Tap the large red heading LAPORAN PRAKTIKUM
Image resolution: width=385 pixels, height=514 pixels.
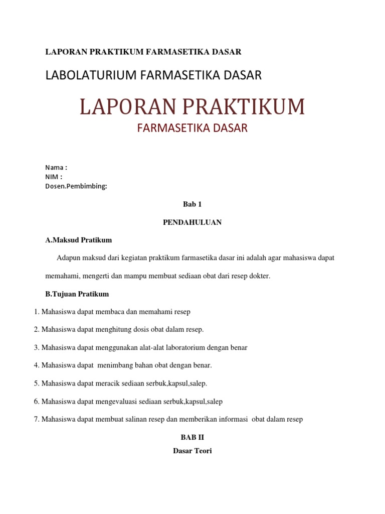pos(192,107)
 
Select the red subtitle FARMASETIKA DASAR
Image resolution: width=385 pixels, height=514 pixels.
pos(192,128)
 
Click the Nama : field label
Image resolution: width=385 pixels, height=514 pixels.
pos(56,167)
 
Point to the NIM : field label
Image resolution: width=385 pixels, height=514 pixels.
pos(54,177)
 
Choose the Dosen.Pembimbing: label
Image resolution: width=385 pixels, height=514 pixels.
pos(76,186)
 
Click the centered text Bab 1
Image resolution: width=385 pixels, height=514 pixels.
pos(192,204)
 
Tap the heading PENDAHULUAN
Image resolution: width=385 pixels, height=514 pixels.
pos(192,222)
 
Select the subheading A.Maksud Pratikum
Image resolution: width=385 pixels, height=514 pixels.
pos(79,240)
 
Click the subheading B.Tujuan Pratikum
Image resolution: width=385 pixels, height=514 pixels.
pos(77,294)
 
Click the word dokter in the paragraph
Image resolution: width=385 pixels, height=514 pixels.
pos(259,276)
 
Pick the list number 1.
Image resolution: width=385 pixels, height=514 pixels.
pos(36,312)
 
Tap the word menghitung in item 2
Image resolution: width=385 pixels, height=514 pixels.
pos(111,329)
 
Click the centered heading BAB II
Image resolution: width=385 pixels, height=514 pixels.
pos(192,437)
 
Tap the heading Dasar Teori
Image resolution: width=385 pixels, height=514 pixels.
pos(192,451)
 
